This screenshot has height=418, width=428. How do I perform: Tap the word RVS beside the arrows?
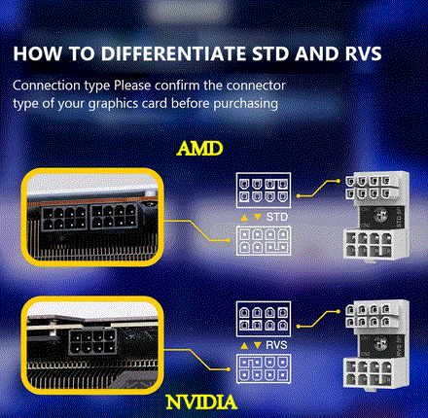[x=277, y=344]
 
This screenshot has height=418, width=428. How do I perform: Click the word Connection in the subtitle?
[x=46, y=86]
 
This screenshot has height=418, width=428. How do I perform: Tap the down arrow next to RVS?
[x=256, y=344]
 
